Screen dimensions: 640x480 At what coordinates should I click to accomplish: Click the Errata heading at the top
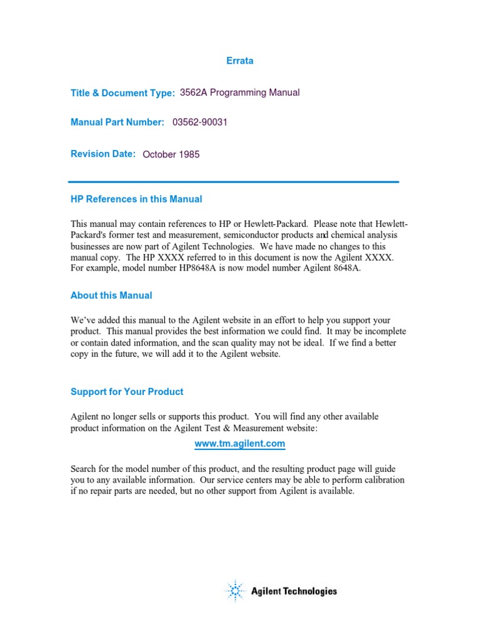click(x=239, y=61)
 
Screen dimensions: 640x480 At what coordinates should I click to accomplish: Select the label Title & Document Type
click(x=122, y=93)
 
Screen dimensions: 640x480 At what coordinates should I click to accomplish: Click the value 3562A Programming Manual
click(x=239, y=92)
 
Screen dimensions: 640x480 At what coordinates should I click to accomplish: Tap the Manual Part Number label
click(x=117, y=122)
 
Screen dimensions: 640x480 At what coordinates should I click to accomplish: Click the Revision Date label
click(x=103, y=154)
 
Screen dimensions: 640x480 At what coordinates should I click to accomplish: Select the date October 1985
click(x=171, y=154)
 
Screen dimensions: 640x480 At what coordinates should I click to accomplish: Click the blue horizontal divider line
click(x=234, y=182)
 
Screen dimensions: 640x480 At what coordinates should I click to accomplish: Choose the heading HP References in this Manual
click(x=136, y=199)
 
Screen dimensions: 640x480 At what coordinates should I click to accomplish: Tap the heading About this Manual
click(x=111, y=295)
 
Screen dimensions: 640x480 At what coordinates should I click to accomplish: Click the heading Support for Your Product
click(x=127, y=392)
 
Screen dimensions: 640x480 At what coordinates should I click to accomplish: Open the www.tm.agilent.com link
click(x=240, y=444)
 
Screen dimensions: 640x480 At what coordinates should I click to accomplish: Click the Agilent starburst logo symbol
click(x=235, y=591)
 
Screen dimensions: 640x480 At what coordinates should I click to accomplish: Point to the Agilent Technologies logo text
click(x=294, y=591)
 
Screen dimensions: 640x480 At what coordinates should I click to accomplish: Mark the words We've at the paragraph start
click(x=82, y=320)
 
